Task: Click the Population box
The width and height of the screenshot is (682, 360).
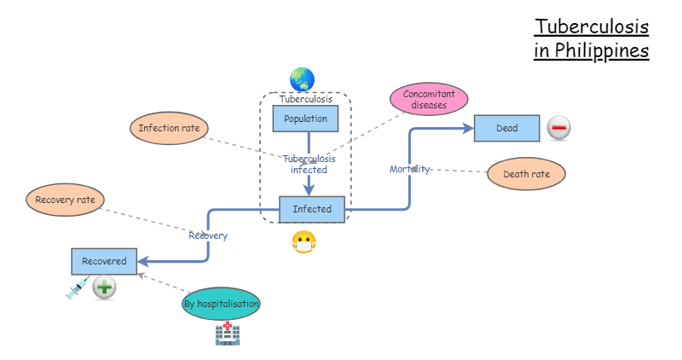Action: [x=305, y=119]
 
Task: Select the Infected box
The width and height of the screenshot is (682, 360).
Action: [x=312, y=209]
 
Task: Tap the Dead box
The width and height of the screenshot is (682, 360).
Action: [x=506, y=129]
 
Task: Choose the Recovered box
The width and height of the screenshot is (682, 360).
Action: [x=104, y=261]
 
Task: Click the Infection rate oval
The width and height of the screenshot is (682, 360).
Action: [x=169, y=128]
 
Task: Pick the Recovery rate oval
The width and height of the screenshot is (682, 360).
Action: [x=66, y=200]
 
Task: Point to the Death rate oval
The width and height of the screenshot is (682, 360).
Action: [x=526, y=174]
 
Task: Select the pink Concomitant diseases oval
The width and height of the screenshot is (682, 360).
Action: [x=429, y=99]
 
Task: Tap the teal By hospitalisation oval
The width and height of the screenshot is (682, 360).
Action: [x=221, y=304]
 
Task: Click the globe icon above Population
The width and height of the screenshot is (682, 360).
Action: [x=303, y=79]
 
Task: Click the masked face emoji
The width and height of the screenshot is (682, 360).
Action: [x=304, y=242]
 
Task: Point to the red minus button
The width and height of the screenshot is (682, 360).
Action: [x=559, y=128]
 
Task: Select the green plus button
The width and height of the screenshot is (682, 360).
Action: [x=104, y=287]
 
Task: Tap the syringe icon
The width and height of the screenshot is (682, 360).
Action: [x=78, y=287]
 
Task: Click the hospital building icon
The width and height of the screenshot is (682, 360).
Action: [x=228, y=334]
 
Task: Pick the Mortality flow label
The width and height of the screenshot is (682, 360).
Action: [x=410, y=169]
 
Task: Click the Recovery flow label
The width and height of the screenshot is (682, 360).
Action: [x=208, y=235]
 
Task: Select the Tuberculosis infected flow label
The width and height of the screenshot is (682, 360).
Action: [x=309, y=164]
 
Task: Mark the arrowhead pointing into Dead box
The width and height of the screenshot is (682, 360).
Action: [x=468, y=129]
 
